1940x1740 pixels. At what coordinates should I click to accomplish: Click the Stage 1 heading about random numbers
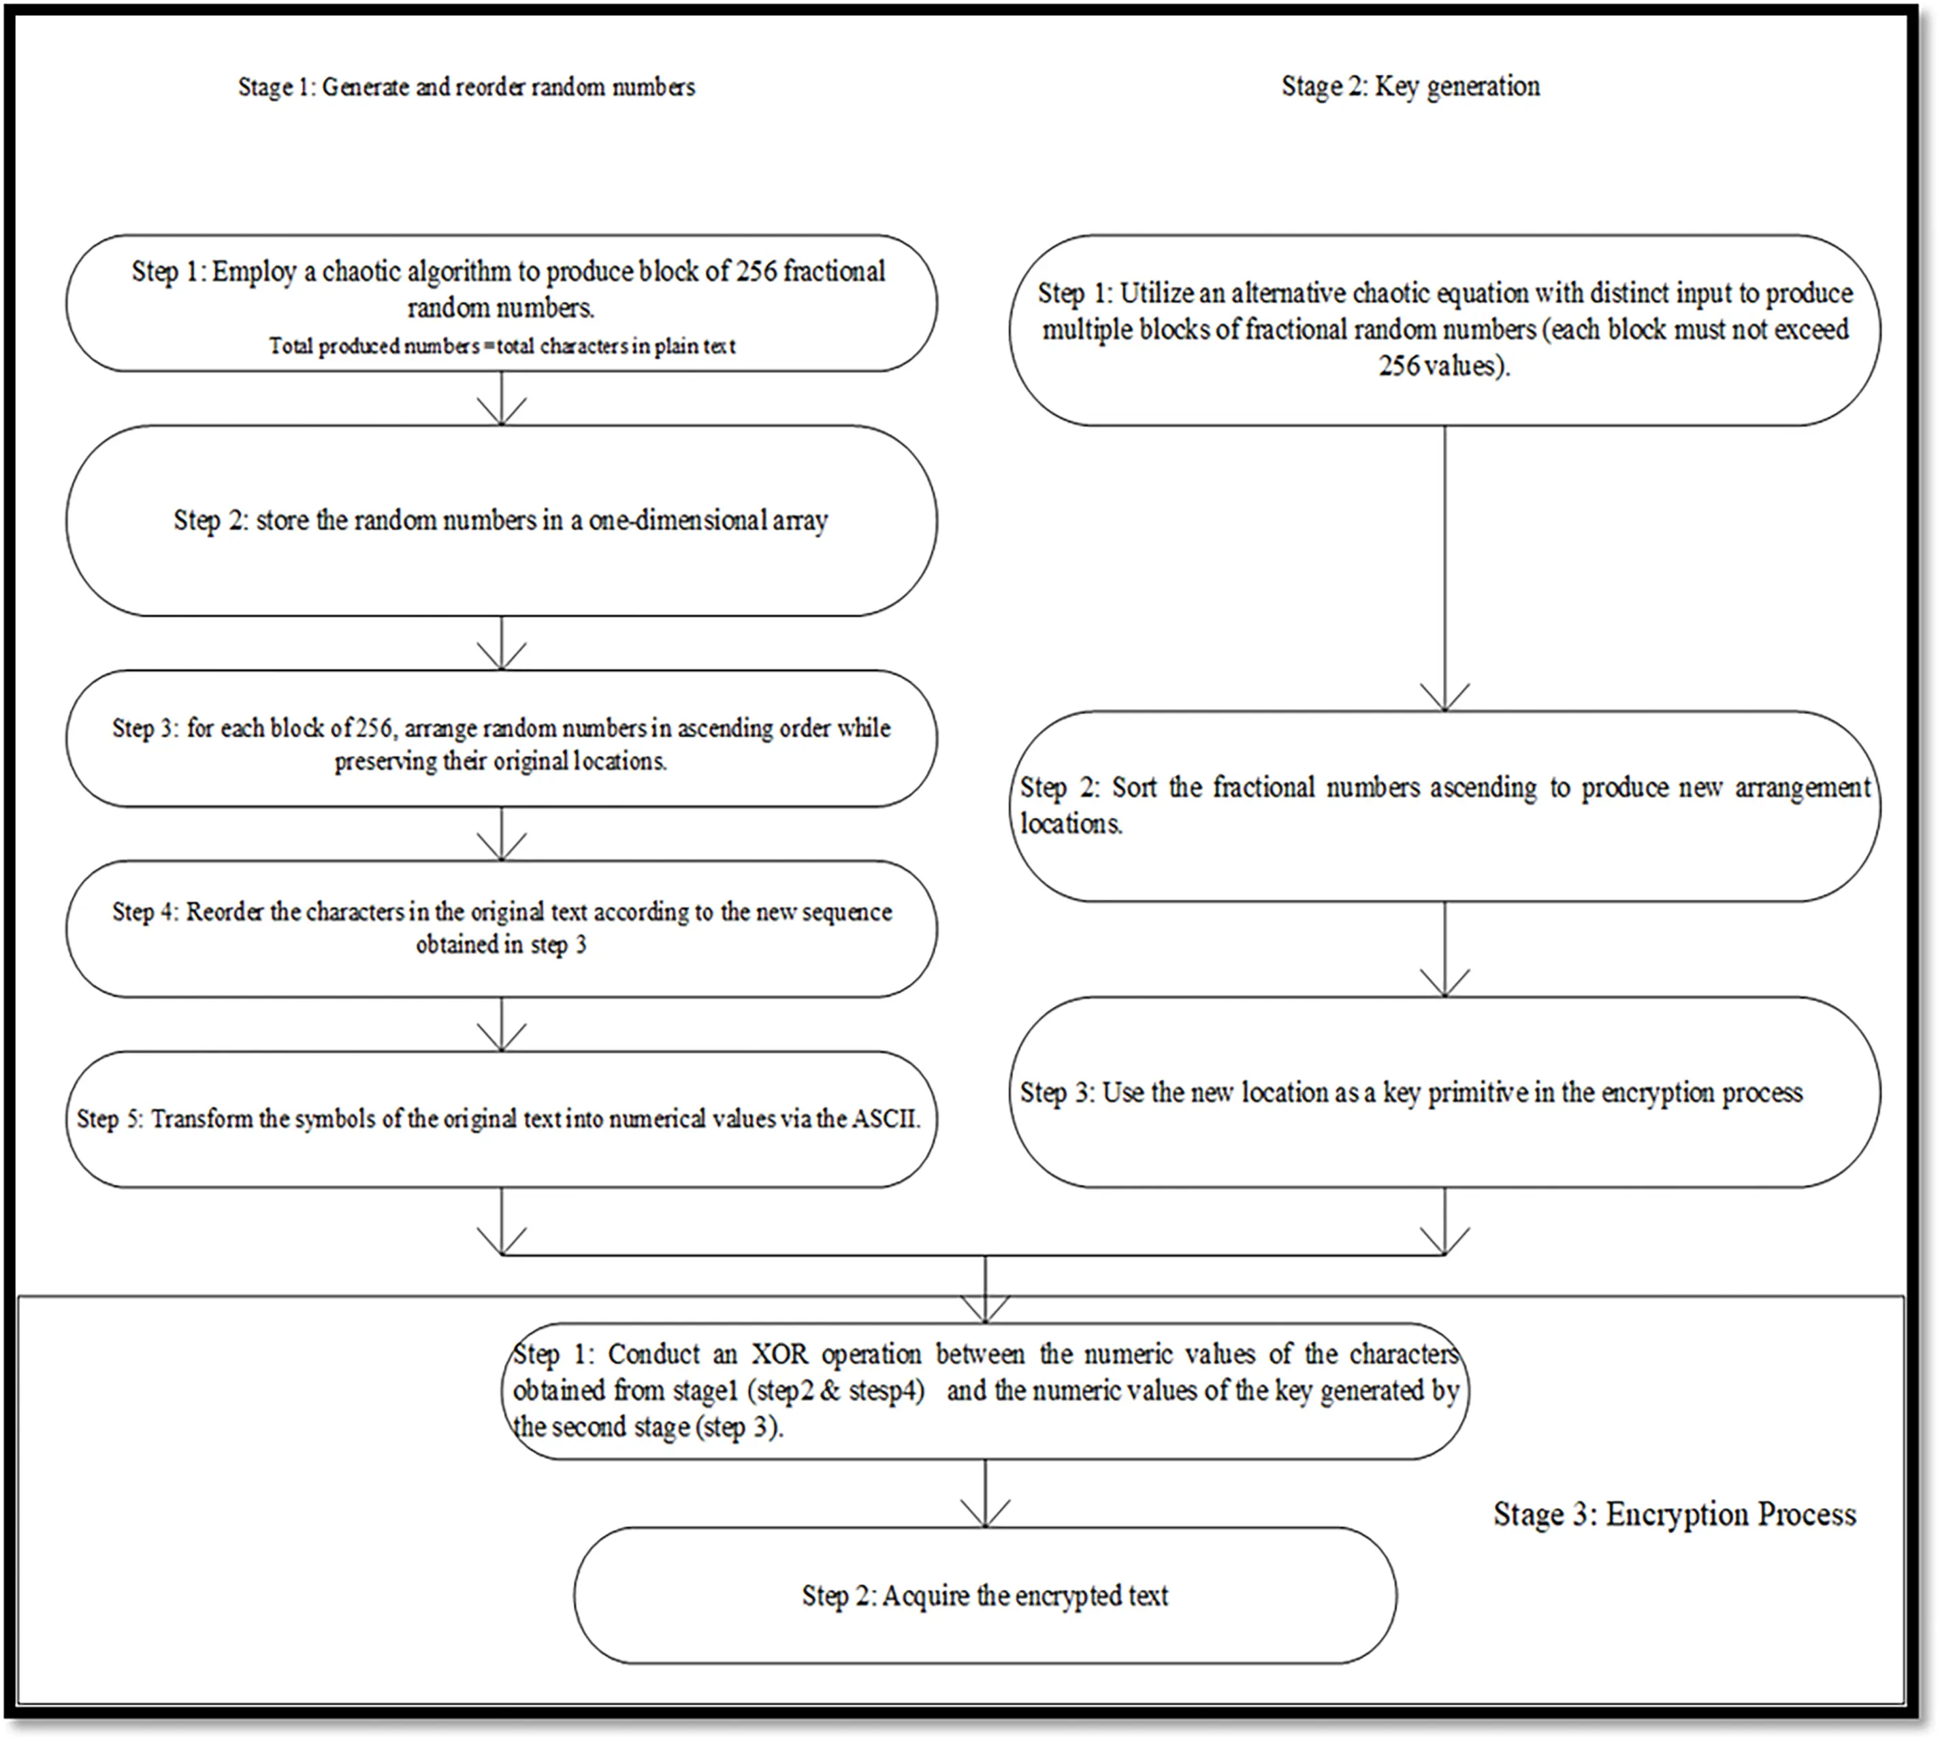[466, 87]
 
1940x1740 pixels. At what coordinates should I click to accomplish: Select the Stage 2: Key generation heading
[1410, 86]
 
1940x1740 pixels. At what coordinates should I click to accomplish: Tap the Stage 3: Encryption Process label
[1675, 1514]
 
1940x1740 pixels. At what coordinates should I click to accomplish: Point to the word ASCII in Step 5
[886, 1119]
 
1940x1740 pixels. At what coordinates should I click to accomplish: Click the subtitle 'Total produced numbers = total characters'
[502, 346]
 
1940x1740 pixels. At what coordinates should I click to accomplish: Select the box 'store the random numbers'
[501, 520]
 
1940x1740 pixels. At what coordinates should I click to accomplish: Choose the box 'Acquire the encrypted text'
[985, 1596]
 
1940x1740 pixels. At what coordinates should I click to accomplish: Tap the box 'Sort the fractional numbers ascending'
[1444, 805]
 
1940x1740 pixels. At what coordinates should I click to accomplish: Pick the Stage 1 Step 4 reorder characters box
[501, 928]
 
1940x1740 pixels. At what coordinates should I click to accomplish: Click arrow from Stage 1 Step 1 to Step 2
[501, 397]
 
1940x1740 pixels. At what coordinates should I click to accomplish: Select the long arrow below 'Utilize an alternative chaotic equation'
[1444, 569]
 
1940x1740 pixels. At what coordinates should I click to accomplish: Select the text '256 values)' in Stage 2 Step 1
[1444, 366]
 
